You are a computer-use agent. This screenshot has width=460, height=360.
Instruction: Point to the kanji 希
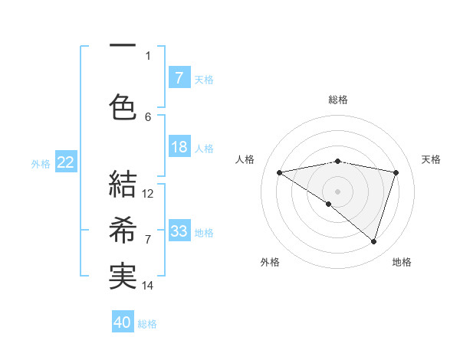click(x=122, y=230)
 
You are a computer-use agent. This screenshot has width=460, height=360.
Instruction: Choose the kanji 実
click(x=122, y=277)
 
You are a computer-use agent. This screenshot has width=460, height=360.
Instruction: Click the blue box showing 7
click(x=179, y=77)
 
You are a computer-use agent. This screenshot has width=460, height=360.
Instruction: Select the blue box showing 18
click(x=179, y=148)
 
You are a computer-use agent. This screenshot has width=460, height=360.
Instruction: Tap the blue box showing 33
click(x=179, y=231)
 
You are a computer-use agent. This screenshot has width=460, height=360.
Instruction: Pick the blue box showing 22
click(x=65, y=162)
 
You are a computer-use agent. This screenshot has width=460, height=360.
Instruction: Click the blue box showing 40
click(x=123, y=322)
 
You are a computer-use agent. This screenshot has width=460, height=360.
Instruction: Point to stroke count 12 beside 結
click(x=149, y=193)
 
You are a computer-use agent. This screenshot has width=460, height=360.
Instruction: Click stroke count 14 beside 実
click(x=149, y=286)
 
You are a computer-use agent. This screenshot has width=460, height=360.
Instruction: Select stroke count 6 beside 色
click(x=149, y=116)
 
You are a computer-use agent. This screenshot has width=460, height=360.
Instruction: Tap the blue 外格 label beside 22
click(x=40, y=163)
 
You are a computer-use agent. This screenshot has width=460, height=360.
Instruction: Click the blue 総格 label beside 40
click(x=147, y=324)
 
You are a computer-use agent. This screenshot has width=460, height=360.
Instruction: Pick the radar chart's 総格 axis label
click(x=337, y=100)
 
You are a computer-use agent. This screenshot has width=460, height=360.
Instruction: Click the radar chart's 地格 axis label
click(x=402, y=262)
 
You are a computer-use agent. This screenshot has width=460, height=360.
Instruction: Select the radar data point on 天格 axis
click(x=396, y=172)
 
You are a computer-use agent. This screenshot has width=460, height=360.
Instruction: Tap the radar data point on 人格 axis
click(x=280, y=172)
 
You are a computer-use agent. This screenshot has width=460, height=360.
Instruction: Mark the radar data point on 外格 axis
click(x=329, y=204)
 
